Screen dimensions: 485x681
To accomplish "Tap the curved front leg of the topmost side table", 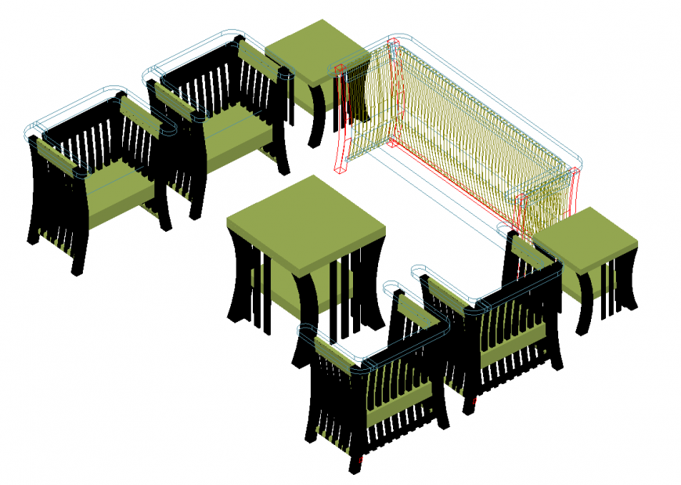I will tap(316, 118).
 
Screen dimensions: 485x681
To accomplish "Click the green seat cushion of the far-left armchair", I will tap(113, 192).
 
